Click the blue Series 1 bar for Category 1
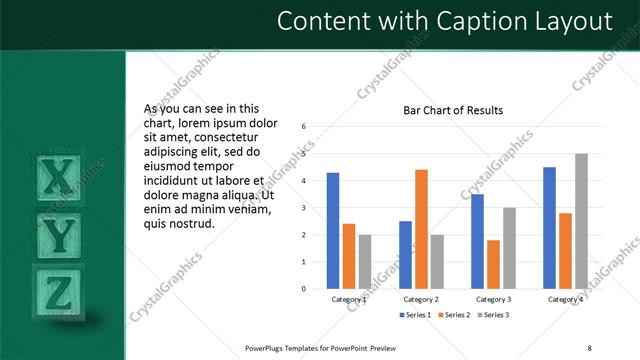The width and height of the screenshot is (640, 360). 333,231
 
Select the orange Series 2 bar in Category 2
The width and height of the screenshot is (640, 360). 421,229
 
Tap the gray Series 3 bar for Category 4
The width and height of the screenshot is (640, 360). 581,221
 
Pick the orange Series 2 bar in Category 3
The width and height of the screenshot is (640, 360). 493,264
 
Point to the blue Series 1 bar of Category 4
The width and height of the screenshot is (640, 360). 549,228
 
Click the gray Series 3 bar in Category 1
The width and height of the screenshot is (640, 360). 365,262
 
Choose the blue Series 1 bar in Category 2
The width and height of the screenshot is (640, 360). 405,255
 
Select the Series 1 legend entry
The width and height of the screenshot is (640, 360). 414,315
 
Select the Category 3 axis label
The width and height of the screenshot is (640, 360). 493,299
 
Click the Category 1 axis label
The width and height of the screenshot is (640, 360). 349,299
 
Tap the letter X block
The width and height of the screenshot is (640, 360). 59,177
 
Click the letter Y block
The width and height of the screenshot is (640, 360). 60,235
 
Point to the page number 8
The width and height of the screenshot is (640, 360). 589,347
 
